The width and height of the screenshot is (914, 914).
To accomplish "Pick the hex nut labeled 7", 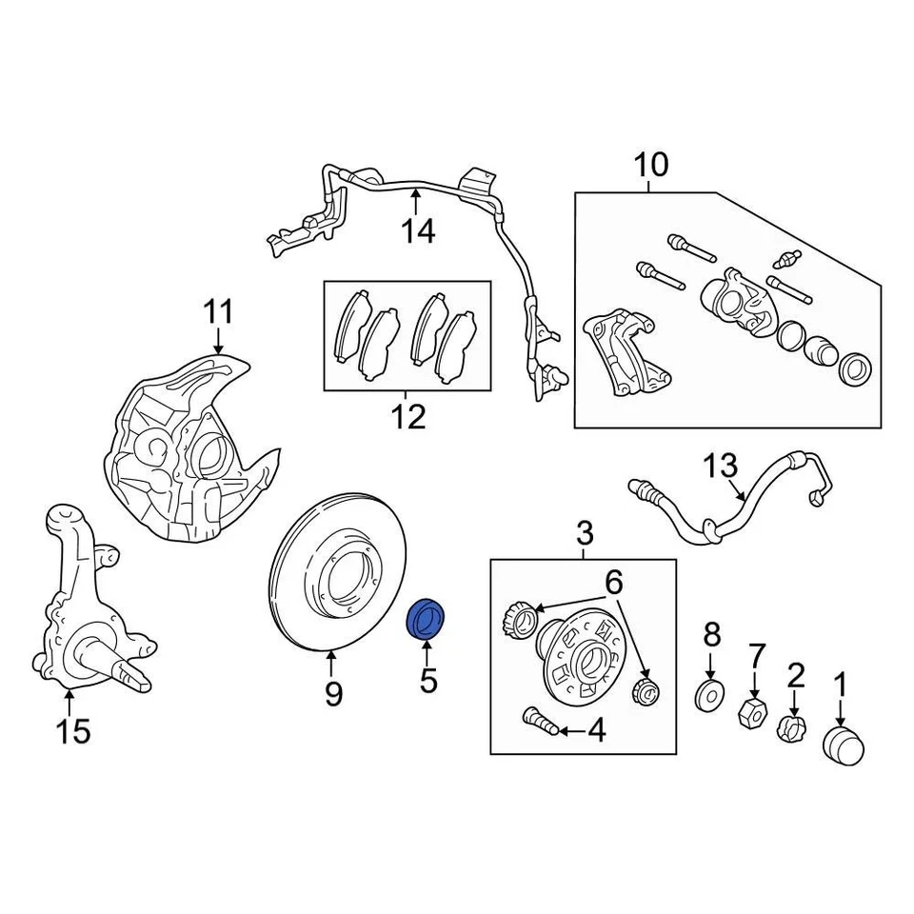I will click(753, 711).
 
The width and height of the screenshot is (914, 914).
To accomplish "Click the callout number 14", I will click(416, 229).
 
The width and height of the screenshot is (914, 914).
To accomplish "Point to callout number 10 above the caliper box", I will click(652, 165).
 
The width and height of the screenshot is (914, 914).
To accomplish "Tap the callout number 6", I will click(612, 579).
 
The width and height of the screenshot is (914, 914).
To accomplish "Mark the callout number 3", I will click(585, 532).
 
